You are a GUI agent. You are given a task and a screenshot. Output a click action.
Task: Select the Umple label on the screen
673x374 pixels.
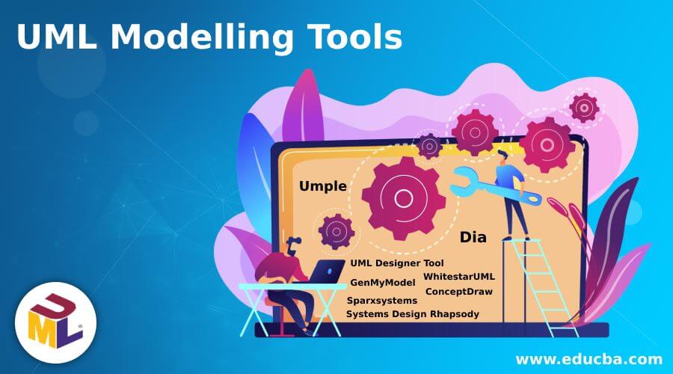(323, 187)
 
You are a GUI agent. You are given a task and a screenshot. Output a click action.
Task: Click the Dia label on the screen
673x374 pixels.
(473, 238)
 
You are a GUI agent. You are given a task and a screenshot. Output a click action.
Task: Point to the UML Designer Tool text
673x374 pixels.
(397, 263)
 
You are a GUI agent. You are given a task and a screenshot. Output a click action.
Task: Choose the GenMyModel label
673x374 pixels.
(383, 283)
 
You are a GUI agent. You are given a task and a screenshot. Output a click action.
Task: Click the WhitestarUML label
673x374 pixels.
(459, 277)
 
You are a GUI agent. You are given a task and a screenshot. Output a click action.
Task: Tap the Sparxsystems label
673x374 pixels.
(382, 300)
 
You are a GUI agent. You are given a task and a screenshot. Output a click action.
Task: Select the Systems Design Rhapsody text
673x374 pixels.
(413, 314)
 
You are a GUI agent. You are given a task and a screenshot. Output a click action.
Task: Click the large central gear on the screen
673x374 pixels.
(403, 198)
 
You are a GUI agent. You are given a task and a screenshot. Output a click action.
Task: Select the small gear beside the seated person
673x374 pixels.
(336, 230)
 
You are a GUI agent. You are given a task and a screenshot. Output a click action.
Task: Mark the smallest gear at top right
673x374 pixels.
(583, 108)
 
